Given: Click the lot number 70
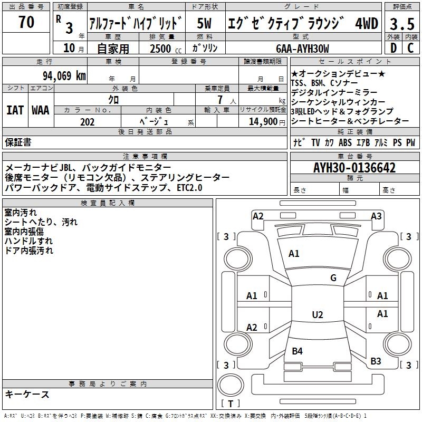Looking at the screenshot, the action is click(x=26, y=23).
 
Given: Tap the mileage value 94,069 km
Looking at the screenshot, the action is click(x=64, y=75).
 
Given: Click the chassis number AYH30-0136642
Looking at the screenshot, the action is click(x=354, y=168).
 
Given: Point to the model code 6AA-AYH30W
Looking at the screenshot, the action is click(x=302, y=49).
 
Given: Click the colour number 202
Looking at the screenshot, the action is click(x=87, y=122).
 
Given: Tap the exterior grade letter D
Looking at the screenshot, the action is click(x=392, y=49).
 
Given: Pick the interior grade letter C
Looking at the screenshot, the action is click(x=410, y=49).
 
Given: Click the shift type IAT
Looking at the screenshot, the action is click(x=14, y=110).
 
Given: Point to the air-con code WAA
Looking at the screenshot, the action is click(x=40, y=110).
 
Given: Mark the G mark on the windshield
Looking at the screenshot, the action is click(x=333, y=278).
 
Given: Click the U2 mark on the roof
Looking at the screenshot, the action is click(x=317, y=315).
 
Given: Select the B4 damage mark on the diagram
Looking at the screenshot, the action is click(x=297, y=351).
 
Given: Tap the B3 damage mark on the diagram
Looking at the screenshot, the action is click(x=376, y=361).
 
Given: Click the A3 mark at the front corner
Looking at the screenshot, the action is click(x=376, y=216).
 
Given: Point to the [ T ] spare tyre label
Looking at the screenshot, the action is click(x=231, y=404).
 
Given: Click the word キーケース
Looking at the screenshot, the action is click(x=27, y=395).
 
